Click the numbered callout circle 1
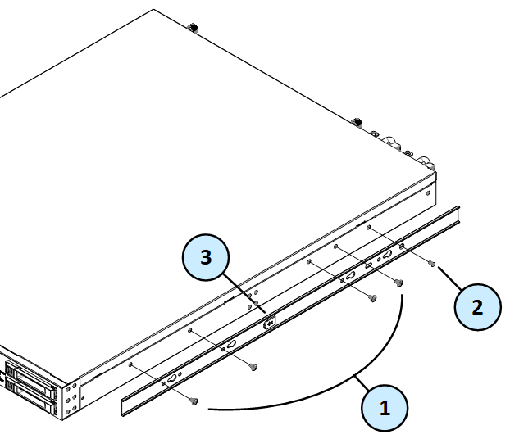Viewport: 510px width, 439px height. (x=385, y=405)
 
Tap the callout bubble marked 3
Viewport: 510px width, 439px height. (x=205, y=258)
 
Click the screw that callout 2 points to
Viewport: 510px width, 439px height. (x=432, y=264)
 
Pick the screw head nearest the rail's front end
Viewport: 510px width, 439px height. (x=194, y=401)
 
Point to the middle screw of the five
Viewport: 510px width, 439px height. (x=371, y=298)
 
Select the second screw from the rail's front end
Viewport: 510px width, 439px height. (x=254, y=366)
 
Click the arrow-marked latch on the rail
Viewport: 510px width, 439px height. (x=269, y=323)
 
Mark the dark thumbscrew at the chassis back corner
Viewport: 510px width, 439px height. (x=195, y=28)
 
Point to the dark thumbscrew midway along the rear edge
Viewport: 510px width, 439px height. (x=357, y=123)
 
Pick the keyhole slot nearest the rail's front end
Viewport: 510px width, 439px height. (x=173, y=378)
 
